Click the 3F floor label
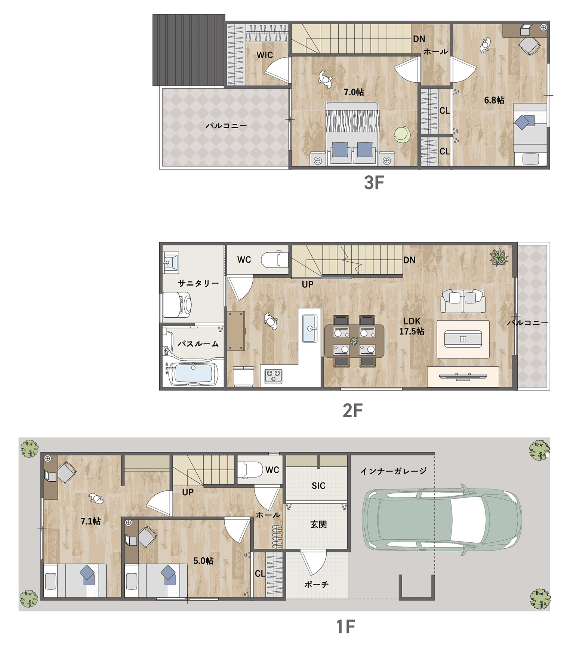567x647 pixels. (374, 182)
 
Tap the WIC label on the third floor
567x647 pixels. (265, 55)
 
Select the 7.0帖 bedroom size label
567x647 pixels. (354, 92)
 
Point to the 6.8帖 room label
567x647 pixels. (494, 100)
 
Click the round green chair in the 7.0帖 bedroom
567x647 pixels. (402, 134)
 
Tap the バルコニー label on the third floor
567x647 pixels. (226, 126)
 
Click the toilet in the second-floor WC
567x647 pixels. (274, 260)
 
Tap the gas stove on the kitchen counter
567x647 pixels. (274, 376)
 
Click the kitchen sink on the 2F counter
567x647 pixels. (310, 329)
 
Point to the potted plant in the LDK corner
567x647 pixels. (499, 257)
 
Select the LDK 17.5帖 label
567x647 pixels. (412, 326)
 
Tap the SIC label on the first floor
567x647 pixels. (318, 486)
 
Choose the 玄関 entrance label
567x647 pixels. (318, 524)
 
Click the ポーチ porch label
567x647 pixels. (316, 584)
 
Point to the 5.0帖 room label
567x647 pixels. (203, 561)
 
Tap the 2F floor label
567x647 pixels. (352, 410)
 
